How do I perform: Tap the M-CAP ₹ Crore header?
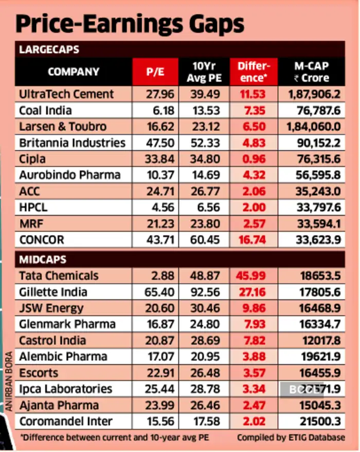point(311,73)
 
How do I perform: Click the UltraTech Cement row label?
point(66,94)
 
